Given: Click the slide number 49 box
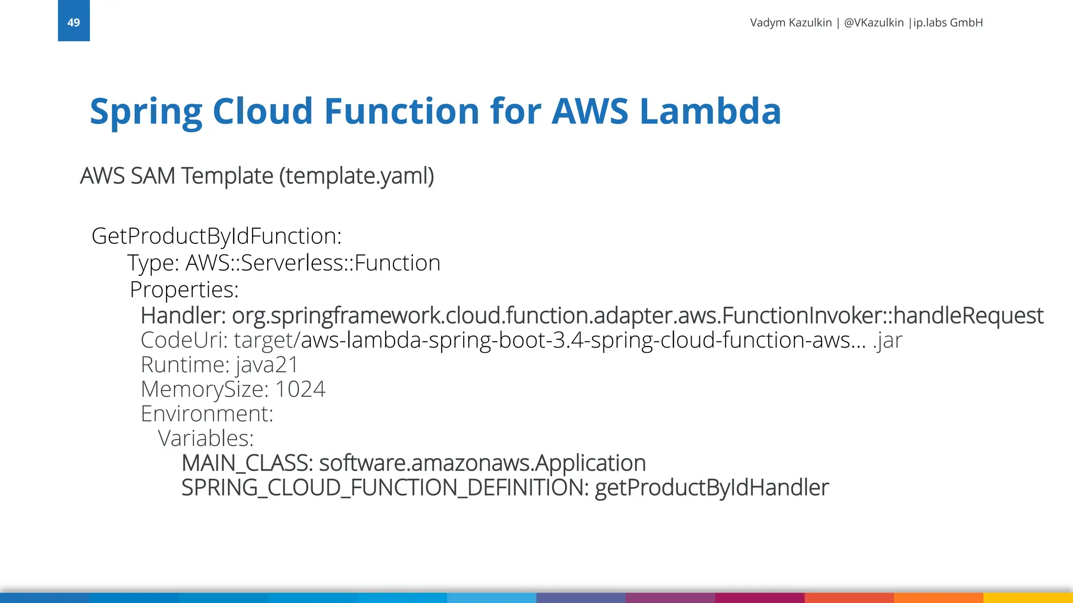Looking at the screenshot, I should (73, 21).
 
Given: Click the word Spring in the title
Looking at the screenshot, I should (146, 112).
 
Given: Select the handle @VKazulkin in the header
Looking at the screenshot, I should (873, 23).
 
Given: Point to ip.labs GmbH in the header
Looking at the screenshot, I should (948, 23).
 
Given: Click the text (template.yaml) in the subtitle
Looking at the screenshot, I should (356, 176).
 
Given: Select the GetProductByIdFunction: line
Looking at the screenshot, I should (216, 236).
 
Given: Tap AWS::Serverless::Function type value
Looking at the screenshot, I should (313, 263).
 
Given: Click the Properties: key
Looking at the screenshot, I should (184, 289).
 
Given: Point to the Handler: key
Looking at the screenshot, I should (183, 316).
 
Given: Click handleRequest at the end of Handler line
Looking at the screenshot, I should (968, 316).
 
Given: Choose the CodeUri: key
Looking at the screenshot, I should (184, 340).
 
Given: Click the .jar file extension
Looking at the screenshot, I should (888, 341).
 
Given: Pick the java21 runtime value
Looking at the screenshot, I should (267, 365).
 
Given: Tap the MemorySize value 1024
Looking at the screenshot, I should (300, 389).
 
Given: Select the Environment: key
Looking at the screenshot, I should (207, 414).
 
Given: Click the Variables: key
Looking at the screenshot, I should (205, 438).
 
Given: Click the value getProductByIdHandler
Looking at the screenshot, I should (711, 488).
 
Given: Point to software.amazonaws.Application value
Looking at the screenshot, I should (482, 463).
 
